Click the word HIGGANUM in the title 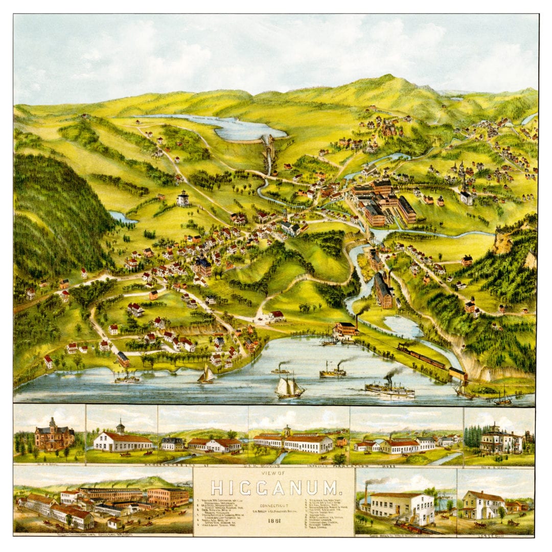[x=273, y=488]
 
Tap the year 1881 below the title [x=274, y=521]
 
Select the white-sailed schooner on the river [x=289, y=387]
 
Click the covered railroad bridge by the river [x=458, y=374]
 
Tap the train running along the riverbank [x=422, y=355]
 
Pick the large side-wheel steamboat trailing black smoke [x=389, y=388]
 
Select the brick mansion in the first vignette [x=53, y=437]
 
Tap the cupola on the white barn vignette [x=121, y=427]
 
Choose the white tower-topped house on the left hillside [x=182, y=198]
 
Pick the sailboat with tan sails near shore [x=206, y=375]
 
